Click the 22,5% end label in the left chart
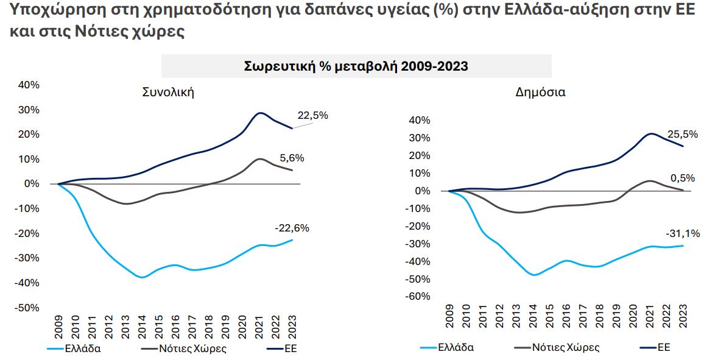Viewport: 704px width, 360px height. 312,116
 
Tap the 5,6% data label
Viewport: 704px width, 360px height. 292,158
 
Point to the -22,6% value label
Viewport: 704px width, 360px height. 292,228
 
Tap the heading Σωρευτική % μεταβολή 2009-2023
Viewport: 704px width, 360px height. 356,66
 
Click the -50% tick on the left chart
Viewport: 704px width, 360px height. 27,308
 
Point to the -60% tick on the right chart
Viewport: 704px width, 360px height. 418,297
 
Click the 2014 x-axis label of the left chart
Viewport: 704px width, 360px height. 143,327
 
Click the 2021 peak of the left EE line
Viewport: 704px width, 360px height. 261,113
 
